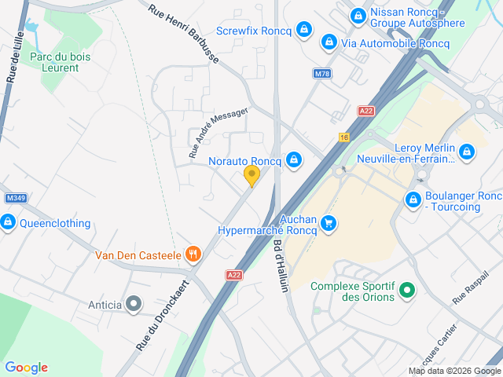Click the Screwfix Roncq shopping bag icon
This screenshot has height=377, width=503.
(x=305, y=31)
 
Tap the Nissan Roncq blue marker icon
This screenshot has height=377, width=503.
(x=358, y=15)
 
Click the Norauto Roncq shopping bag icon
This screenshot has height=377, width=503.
(x=294, y=160)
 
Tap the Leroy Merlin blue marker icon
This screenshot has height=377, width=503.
(x=467, y=150)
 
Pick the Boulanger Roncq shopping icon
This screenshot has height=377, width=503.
(x=413, y=200)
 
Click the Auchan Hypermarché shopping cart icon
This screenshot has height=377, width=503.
(x=329, y=224)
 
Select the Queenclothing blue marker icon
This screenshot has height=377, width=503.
(x=8, y=222)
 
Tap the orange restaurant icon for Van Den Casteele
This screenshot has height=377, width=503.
(x=192, y=254)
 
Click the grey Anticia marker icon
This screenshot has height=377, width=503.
(x=134, y=303)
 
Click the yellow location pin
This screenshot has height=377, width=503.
(x=251, y=175)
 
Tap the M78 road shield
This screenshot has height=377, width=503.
(x=321, y=74)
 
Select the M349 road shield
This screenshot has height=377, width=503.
(x=16, y=197)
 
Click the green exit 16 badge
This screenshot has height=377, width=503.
(x=344, y=137)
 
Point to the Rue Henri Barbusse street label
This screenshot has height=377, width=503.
(x=184, y=33)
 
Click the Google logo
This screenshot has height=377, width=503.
(x=26, y=367)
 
